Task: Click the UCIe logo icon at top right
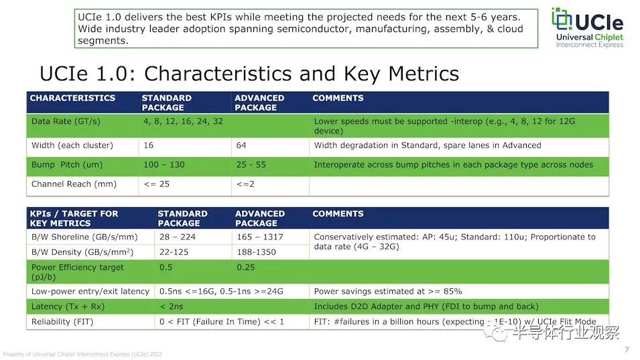pyautogui.click(x=562, y=19)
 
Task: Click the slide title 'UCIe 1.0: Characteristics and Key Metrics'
pyautogui.click(x=249, y=74)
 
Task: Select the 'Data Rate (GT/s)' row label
pyautogui.click(x=66, y=121)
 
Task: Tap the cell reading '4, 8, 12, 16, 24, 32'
pyautogui.click(x=183, y=121)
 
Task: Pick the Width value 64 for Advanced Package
pyautogui.click(x=241, y=145)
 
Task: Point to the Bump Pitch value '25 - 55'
pyautogui.click(x=251, y=164)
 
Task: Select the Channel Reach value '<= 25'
pyautogui.click(x=157, y=184)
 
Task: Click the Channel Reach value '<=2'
pyautogui.click(x=245, y=184)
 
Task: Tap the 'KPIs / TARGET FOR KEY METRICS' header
pyautogui.click(x=74, y=219)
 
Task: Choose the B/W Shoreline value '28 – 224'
pyautogui.click(x=178, y=237)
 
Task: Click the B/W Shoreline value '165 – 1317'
pyautogui.click(x=260, y=237)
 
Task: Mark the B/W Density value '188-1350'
pyautogui.click(x=256, y=252)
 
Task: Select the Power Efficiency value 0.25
pyautogui.click(x=246, y=267)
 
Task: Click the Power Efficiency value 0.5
pyautogui.click(x=166, y=267)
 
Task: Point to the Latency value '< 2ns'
pyautogui.click(x=172, y=306)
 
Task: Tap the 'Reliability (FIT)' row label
pyautogui.click(x=62, y=322)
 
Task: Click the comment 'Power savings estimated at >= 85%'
pyautogui.click(x=388, y=292)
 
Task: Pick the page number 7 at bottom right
pyautogui.click(x=627, y=350)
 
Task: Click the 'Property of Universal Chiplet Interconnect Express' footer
pyautogui.click(x=82, y=354)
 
